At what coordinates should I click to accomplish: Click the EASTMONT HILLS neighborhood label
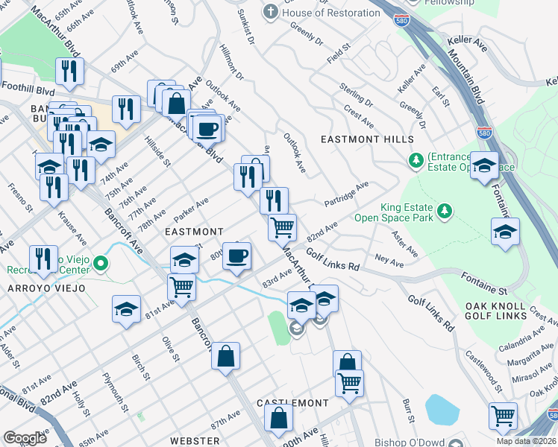point(366,139)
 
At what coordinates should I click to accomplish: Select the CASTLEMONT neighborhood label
point(292,403)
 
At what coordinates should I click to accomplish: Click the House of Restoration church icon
point(270,13)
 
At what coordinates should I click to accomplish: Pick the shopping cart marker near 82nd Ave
point(282,226)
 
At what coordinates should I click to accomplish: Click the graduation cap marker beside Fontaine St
point(505,232)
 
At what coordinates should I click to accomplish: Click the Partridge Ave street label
point(347,194)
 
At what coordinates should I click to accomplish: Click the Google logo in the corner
point(25,438)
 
